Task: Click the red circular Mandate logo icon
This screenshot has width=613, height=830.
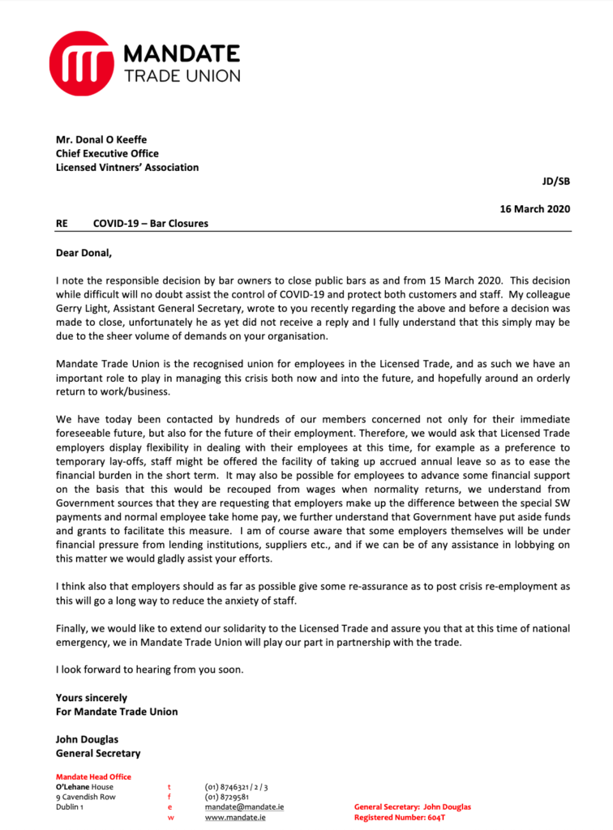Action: [80, 64]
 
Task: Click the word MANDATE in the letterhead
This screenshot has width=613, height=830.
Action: [182, 54]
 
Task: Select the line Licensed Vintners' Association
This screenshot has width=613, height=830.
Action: [127, 168]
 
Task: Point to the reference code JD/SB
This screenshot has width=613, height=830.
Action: [555, 182]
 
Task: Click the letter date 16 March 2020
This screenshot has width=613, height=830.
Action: [535, 208]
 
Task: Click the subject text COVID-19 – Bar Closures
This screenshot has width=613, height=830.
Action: [150, 223]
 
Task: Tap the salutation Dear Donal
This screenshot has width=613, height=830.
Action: [85, 252]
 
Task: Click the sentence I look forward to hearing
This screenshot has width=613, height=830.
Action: [150, 670]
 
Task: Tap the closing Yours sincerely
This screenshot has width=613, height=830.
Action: [92, 697]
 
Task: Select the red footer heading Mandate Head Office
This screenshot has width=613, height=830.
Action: [93, 777]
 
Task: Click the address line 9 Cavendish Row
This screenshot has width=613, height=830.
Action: [85, 797]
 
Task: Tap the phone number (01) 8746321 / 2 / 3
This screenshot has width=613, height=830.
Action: [236, 787]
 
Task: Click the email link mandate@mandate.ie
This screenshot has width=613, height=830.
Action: [244, 807]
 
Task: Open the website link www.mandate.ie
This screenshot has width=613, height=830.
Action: [235, 818]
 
